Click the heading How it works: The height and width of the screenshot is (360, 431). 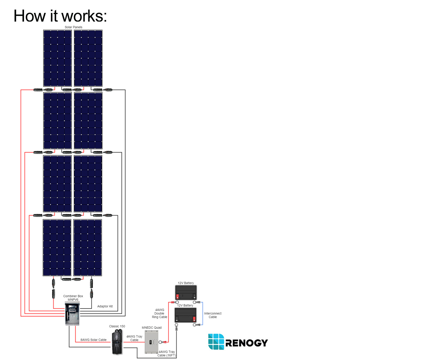[60, 16]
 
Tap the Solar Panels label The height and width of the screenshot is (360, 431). [73, 27]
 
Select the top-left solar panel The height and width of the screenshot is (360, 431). [57, 58]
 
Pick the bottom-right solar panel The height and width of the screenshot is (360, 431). [88, 248]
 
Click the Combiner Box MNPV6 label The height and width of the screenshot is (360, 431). [73, 298]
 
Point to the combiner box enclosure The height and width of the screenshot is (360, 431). [72, 313]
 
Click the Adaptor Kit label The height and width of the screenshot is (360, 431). [105, 306]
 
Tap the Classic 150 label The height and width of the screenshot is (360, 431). [117, 326]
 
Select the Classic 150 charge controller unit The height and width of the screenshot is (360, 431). [117, 342]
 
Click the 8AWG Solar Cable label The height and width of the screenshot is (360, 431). [94, 339]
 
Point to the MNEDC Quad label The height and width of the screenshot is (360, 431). [152, 327]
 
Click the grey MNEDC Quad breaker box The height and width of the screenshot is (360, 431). [151, 342]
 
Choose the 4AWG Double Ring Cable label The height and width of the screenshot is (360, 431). [159, 313]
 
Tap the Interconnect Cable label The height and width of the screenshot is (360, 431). [213, 315]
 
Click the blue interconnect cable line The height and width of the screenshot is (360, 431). [203, 314]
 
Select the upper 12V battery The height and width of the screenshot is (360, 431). [186, 292]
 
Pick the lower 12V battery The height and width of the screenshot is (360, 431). [185, 315]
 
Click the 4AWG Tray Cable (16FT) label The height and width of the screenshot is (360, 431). [166, 353]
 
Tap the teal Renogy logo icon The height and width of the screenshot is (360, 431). [216, 342]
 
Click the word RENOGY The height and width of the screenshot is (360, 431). [247, 343]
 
